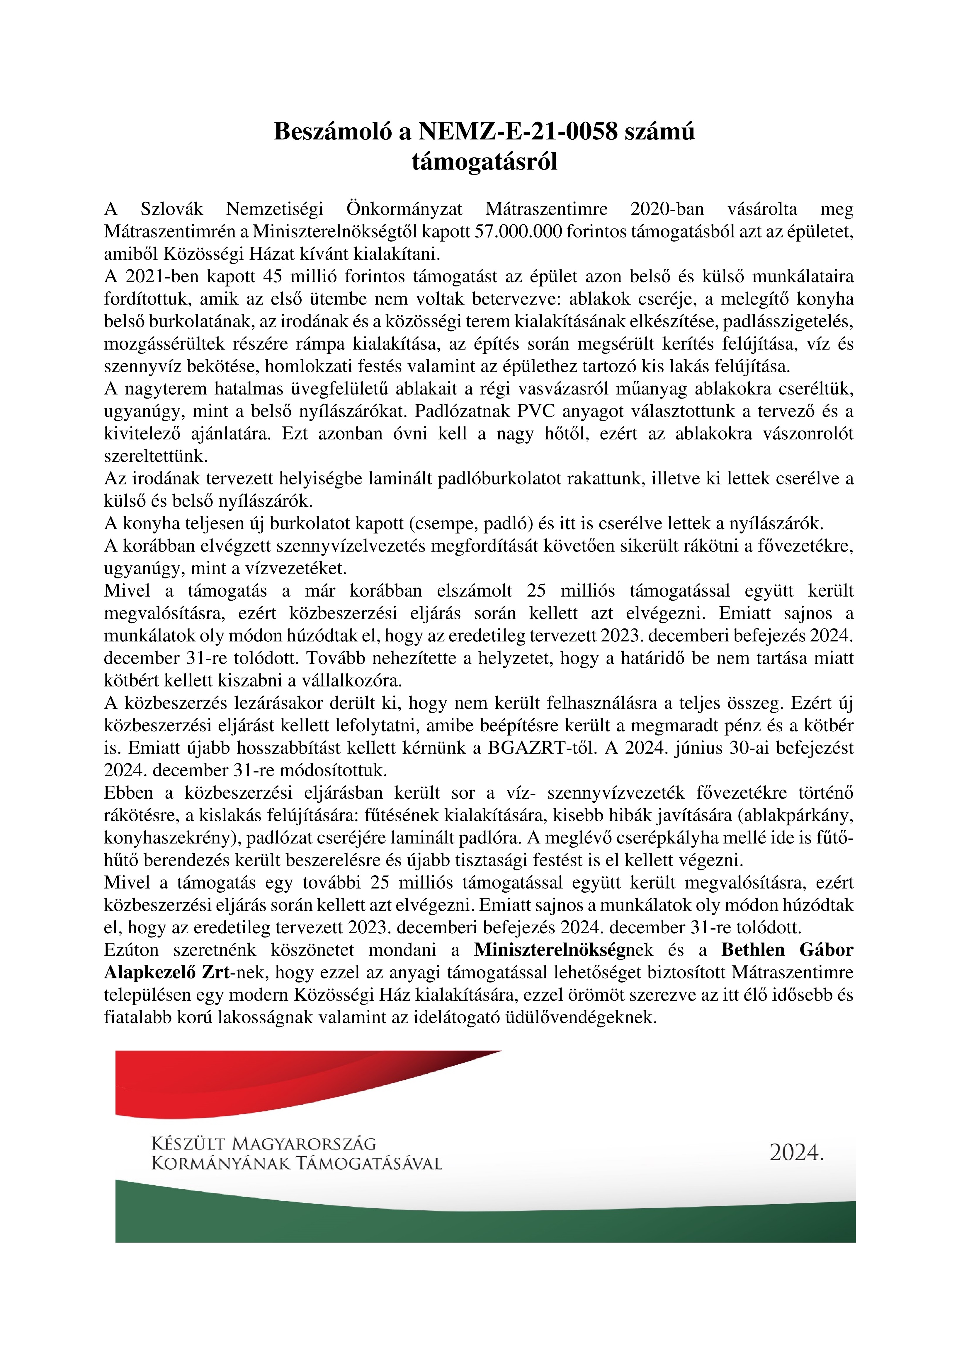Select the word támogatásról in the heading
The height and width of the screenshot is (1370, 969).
pos(484,162)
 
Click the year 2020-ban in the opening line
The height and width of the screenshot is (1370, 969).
pos(667,209)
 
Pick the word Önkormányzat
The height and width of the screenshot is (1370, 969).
pos(404,209)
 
